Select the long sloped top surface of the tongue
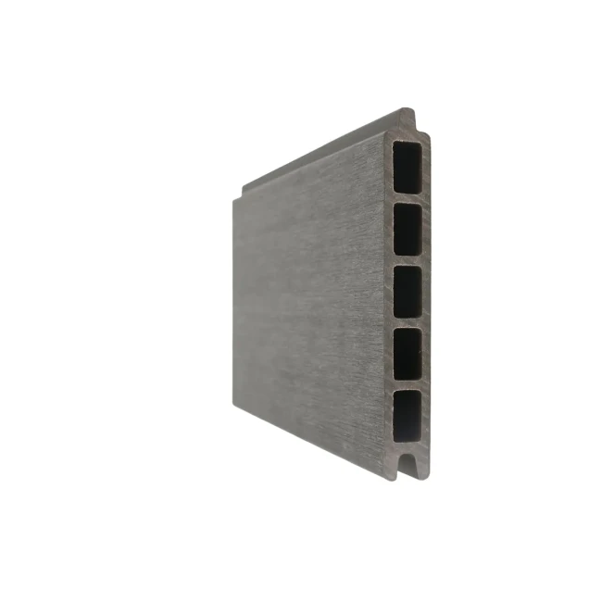click(324, 153)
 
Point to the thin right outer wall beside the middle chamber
click(428, 291)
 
